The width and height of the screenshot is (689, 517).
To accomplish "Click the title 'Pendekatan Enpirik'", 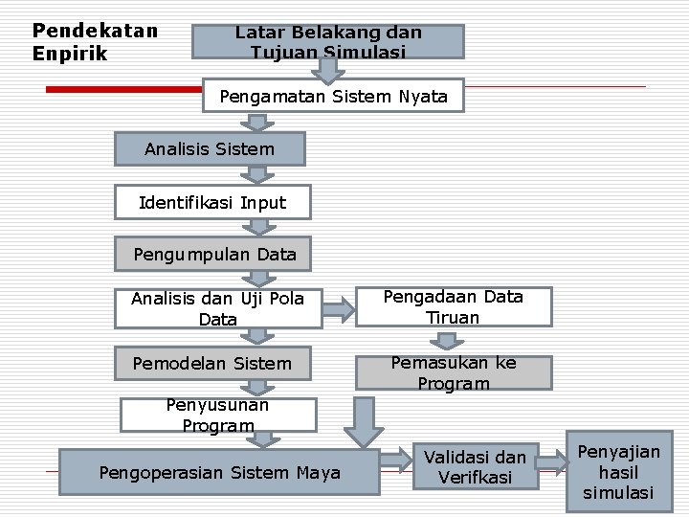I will pyautogui.click(x=94, y=42).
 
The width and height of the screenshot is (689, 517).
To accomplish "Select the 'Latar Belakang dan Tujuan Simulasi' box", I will pyautogui.click(x=328, y=41).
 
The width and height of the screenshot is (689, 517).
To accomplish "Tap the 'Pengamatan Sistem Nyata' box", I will pyautogui.click(x=333, y=96).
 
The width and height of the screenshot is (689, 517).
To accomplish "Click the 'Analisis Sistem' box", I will pyautogui.click(x=210, y=149).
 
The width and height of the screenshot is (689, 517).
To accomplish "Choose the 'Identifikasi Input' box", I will pyautogui.click(x=212, y=203).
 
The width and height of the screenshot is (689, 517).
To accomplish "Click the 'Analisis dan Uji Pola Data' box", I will pyautogui.click(x=217, y=308).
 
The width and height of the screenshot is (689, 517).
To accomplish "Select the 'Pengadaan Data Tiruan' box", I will pyautogui.click(x=454, y=307).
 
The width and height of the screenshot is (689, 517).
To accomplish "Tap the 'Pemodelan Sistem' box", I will pyautogui.click(x=212, y=363).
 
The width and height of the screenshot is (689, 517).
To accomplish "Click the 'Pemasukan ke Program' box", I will pyautogui.click(x=454, y=372).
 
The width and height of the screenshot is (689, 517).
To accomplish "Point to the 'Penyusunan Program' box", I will pyautogui.click(x=217, y=415).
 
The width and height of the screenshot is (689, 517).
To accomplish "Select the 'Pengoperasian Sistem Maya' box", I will pyautogui.click(x=219, y=473).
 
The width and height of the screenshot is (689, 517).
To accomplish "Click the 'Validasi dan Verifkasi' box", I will pyautogui.click(x=475, y=466).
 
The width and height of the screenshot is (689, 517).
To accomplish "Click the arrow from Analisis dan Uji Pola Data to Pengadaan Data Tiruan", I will pyautogui.click(x=336, y=308).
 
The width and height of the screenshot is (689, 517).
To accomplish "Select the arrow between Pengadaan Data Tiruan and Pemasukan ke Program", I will pyautogui.click(x=445, y=340).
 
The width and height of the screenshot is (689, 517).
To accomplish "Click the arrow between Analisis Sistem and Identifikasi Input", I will pyautogui.click(x=257, y=175).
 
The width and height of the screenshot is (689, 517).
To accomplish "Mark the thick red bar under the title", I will pyautogui.click(x=124, y=88).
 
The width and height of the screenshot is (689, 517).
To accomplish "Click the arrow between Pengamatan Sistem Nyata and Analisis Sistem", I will pyautogui.click(x=256, y=122).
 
